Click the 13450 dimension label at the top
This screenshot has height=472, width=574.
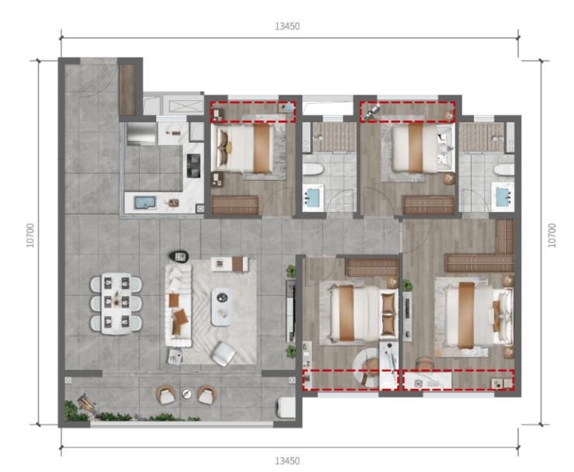coord(287,26)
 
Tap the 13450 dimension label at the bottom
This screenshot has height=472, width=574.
coord(287,460)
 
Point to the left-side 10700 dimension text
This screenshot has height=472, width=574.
coord(30,235)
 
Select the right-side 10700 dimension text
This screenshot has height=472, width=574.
coord(552,235)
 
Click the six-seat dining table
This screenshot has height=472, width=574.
coord(116,304)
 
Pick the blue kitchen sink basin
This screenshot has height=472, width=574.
coord(145,203)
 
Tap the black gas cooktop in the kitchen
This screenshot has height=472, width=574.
coord(194,165)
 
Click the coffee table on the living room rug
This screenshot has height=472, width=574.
coord(222,307)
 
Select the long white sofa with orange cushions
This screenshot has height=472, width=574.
coord(178,305)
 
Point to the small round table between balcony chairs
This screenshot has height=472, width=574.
coord(187,394)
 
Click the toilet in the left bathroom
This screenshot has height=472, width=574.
coord(313,170)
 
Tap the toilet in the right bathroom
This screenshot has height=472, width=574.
coord(503,170)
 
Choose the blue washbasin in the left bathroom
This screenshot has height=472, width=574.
coord(313,197)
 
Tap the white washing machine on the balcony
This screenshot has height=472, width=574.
coord(286,407)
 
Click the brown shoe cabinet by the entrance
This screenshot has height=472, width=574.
coord(127,90)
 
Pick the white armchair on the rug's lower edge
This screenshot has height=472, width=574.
coord(223,354)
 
